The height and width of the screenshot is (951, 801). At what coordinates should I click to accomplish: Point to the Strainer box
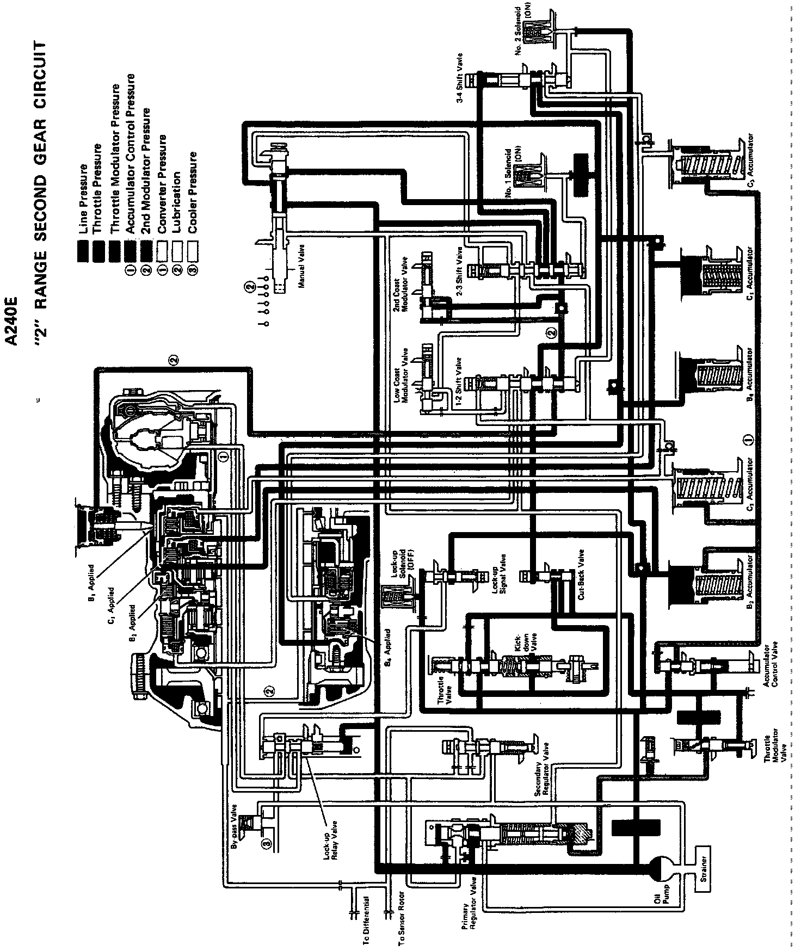click(x=704, y=875)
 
